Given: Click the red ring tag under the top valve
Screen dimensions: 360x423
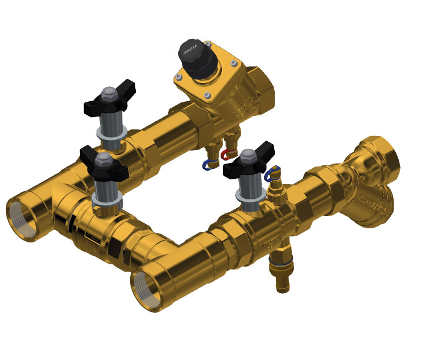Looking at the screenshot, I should (225, 155).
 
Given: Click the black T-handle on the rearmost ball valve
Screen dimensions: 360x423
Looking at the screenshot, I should (111, 96).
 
